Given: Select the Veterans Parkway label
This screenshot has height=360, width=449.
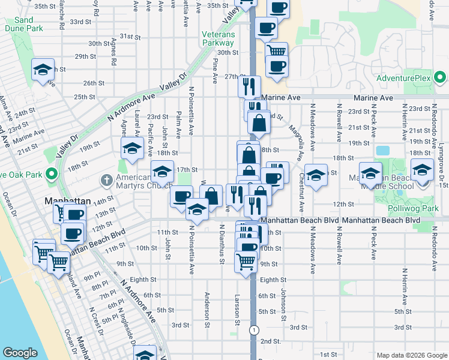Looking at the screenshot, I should pyautogui.click(x=218, y=38).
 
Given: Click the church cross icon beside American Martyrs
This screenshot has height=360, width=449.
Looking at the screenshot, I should pyautogui.click(x=107, y=179).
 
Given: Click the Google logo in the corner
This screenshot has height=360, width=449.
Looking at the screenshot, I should pyautogui.click(x=20, y=353).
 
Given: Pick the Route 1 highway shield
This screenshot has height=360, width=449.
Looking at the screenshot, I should pyautogui.click(x=256, y=330).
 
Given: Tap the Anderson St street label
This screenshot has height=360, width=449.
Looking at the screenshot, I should pyautogui.click(x=207, y=306).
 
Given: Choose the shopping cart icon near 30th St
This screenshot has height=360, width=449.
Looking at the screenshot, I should pyautogui.click(x=276, y=51).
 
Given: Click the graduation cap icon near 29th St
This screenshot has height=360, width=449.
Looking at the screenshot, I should pyautogui.click(x=43, y=70).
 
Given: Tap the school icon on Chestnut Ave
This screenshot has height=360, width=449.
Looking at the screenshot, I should pyautogui.click(x=315, y=175).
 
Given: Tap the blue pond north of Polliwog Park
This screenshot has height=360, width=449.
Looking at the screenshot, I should pyautogui.click(x=381, y=150).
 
